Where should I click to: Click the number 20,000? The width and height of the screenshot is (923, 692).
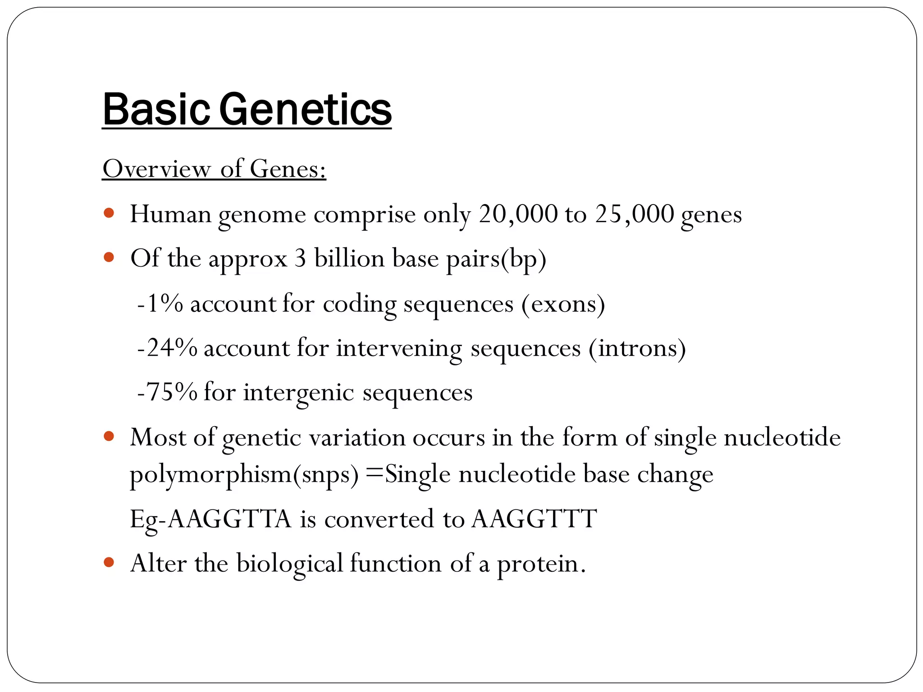click(518, 214)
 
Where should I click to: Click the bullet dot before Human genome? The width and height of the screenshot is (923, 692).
click(109, 213)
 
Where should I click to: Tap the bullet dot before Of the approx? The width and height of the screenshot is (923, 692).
click(109, 257)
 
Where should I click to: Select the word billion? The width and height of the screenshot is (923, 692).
click(349, 259)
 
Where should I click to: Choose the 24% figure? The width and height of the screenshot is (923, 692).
click(168, 348)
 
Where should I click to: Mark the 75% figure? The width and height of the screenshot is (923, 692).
click(168, 392)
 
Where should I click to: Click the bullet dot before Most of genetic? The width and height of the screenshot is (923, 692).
click(109, 436)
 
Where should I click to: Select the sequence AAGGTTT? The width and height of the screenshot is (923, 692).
click(534, 519)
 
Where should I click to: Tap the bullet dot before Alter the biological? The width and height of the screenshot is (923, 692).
click(109, 562)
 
